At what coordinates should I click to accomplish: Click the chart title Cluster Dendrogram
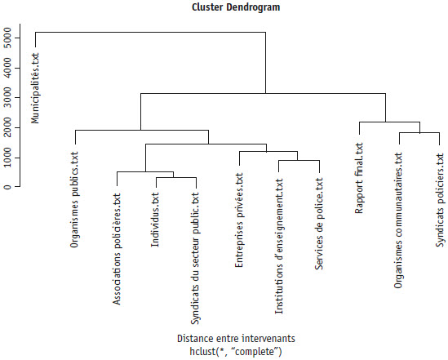pos(236,7)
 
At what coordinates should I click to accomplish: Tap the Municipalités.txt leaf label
pos(35,88)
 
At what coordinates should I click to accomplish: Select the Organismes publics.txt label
pos(74,200)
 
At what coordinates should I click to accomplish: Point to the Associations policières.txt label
pos(117,250)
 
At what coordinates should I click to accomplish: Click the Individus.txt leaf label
pos(155,220)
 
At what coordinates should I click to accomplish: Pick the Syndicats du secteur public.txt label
pos(195,259)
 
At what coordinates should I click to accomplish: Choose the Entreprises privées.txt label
pos(239,220)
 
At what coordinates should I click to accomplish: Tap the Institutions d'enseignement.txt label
pos(279,247)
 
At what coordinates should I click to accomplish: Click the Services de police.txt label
pos(319,224)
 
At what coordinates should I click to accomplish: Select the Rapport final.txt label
pos(359,178)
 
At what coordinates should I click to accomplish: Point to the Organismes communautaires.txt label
pos(398,220)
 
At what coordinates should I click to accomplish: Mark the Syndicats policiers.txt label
pos(440,200)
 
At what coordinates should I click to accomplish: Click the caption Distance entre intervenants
pos(236,339)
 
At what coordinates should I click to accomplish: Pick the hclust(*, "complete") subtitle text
pos(236,351)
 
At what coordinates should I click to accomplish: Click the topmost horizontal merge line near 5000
pos(151,33)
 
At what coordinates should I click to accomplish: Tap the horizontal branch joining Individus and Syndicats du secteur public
pos(176,177)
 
